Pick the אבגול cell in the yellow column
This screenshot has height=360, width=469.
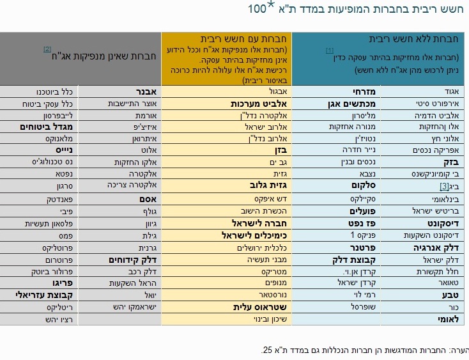point(275,91)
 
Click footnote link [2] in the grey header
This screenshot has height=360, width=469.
point(47,49)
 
